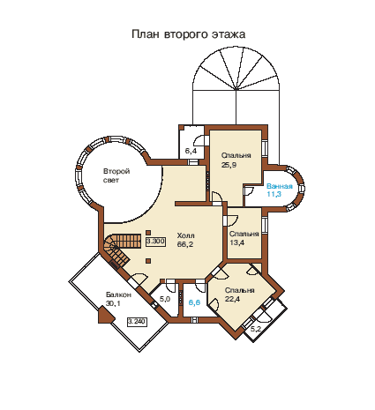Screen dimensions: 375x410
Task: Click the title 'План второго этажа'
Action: (x=188, y=34)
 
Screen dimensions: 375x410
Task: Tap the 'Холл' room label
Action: (x=185, y=235)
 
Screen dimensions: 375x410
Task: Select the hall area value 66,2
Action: (x=185, y=244)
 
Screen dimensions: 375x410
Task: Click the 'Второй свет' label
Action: (x=116, y=175)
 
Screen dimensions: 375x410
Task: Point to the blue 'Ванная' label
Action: (x=280, y=186)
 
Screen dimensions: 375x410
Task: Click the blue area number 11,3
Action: (x=274, y=194)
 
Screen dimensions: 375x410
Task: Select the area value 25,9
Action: (x=229, y=165)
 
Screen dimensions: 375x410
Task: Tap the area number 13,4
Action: (x=236, y=242)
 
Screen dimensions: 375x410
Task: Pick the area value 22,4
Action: (x=233, y=299)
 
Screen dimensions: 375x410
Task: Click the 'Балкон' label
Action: (x=118, y=294)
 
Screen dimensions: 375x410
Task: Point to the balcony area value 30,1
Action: (x=113, y=303)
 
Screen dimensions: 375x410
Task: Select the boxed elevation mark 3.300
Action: (x=155, y=242)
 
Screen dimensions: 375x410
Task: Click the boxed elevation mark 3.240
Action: (x=137, y=322)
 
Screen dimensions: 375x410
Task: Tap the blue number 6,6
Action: (x=194, y=302)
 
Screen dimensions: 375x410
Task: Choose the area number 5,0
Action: (x=165, y=299)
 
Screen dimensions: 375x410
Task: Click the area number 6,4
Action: (x=191, y=151)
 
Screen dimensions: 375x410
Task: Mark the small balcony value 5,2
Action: (x=256, y=329)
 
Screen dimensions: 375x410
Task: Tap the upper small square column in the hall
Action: (x=148, y=232)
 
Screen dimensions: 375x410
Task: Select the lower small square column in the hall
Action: (x=148, y=260)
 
